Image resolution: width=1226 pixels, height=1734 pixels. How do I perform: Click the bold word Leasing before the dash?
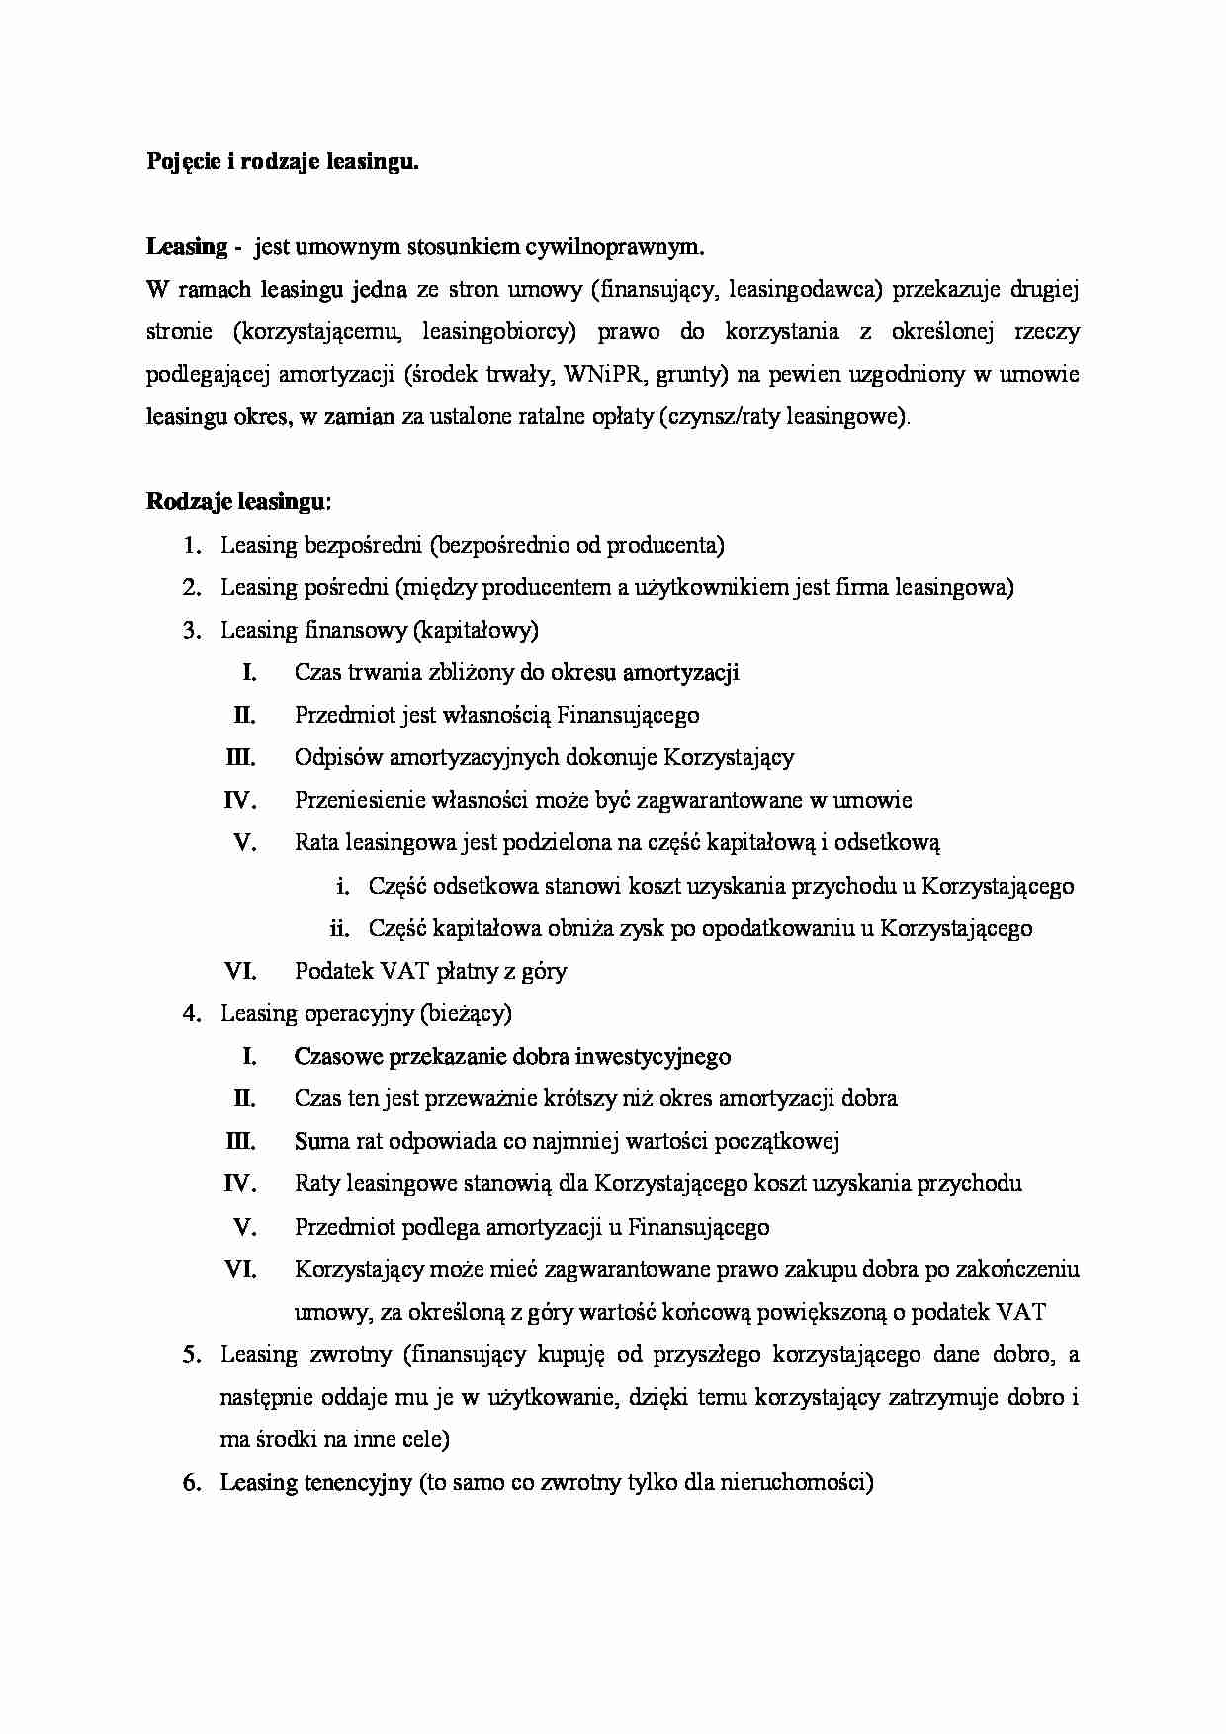click(187, 247)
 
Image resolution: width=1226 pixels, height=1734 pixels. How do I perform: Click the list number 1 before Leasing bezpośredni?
click(191, 546)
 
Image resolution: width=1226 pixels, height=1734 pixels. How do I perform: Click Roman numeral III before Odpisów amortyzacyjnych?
click(241, 758)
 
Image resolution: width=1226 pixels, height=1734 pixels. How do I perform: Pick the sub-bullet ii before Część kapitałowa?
click(340, 928)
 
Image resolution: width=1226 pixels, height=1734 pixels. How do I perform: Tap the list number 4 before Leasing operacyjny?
click(191, 1014)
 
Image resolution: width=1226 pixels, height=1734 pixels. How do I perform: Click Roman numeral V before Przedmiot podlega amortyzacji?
click(245, 1228)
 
